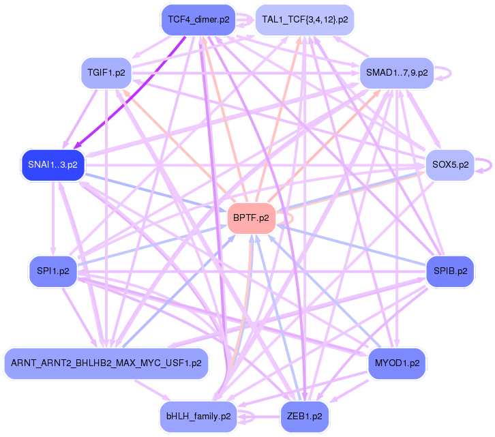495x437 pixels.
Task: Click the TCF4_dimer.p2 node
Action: [198, 20]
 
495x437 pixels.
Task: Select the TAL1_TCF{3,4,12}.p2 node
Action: [305, 20]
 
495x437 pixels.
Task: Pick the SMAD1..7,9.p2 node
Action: [396, 72]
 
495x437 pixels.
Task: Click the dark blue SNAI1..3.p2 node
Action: [52, 165]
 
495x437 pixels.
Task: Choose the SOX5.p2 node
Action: [450, 165]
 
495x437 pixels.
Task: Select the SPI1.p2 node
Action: [53, 271]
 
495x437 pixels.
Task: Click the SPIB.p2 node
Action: [450, 271]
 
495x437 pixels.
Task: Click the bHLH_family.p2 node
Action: [198, 415]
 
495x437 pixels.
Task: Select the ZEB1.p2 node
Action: [305, 415]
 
